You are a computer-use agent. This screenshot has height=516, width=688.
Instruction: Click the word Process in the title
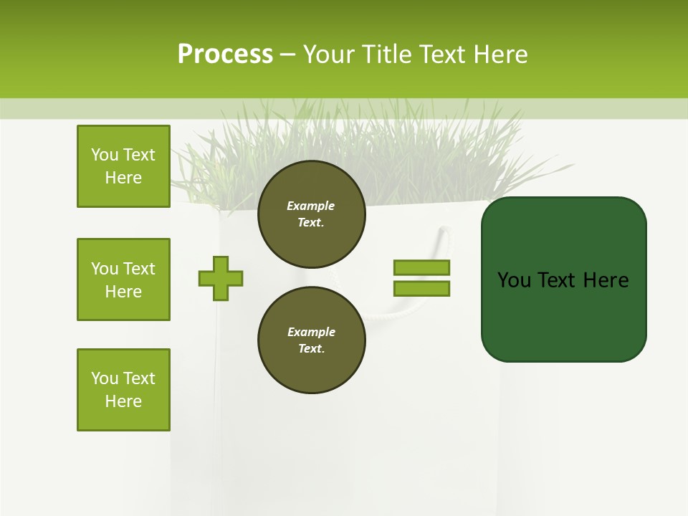(225, 54)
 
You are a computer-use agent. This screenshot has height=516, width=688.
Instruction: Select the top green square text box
(123, 166)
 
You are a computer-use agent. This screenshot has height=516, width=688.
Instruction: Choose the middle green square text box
(123, 279)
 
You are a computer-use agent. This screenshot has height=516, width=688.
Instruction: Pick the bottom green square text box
(123, 390)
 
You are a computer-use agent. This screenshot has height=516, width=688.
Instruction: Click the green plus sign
(221, 278)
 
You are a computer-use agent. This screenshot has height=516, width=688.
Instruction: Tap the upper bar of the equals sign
(421, 267)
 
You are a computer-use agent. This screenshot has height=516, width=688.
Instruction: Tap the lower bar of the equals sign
(421, 288)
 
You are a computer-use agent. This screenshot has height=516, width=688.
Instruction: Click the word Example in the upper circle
(311, 206)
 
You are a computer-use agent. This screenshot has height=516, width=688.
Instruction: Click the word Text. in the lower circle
(311, 349)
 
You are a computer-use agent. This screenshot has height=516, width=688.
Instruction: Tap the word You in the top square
(105, 155)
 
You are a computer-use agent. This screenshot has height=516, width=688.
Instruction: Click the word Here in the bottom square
(123, 401)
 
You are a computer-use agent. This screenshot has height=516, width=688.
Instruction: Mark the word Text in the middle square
(139, 269)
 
